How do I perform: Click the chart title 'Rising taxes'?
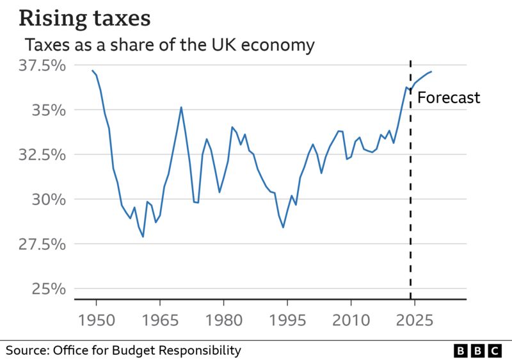[84, 18]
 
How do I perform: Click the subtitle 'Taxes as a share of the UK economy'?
[170, 45]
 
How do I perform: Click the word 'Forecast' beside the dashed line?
[448, 98]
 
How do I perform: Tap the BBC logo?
[478, 350]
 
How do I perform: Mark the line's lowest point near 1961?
[143, 236]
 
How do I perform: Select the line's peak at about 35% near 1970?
[181, 107]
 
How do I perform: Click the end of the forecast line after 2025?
[431, 72]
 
